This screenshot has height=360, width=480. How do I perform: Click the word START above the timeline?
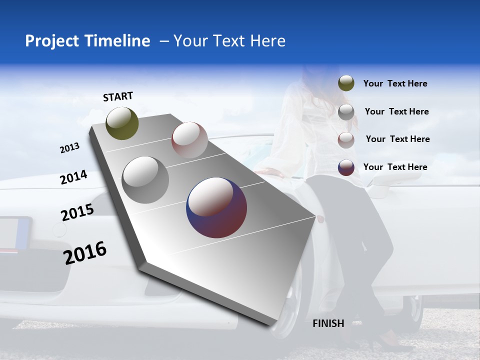pyautogui.click(x=118, y=96)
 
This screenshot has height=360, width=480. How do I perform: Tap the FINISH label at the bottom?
pyautogui.click(x=328, y=323)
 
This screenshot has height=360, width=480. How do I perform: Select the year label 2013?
pyautogui.click(x=69, y=148)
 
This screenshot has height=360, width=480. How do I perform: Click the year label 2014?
pyautogui.click(x=73, y=177)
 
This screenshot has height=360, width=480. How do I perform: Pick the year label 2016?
pyautogui.click(x=85, y=253)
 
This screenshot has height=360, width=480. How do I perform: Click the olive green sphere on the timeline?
pyautogui.click(x=122, y=123)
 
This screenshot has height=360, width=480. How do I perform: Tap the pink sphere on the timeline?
pyautogui.click(x=189, y=140)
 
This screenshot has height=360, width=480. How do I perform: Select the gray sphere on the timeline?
pyautogui.click(x=145, y=179)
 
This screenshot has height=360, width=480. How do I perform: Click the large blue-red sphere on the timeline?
pyautogui.click(x=216, y=207)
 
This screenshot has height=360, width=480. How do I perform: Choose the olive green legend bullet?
pyautogui.click(x=346, y=83)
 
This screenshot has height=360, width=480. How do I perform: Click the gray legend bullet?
pyautogui.click(x=346, y=112)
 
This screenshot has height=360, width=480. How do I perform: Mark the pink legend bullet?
pyautogui.click(x=346, y=140)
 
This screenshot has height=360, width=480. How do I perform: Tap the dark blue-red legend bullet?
pyautogui.click(x=346, y=167)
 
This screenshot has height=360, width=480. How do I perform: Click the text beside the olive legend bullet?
pyautogui.click(x=395, y=84)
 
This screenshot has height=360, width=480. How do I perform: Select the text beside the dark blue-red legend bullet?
pyautogui.click(x=395, y=167)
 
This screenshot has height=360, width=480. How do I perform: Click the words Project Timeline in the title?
pyautogui.click(x=87, y=41)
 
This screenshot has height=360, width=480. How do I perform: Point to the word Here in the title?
pyautogui.click(x=267, y=41)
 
